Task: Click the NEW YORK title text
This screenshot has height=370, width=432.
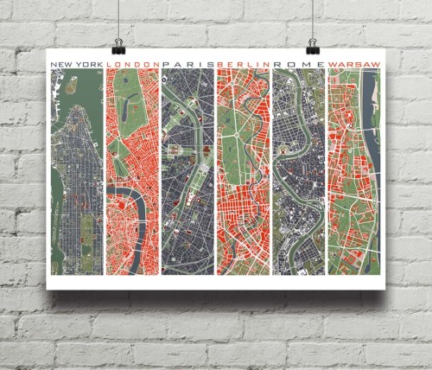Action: click(x=77, y=63)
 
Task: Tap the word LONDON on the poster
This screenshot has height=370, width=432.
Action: click(x=132, y=63)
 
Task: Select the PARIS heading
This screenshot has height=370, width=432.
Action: click(x=187, y=63)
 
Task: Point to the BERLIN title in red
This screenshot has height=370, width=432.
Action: click(x=243, y=63)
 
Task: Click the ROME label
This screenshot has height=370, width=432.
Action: click(x=298, y=63)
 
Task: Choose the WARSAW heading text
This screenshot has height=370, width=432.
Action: click(x=354, y=63)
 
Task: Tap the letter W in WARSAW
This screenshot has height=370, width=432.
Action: click(x=333, y=63)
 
